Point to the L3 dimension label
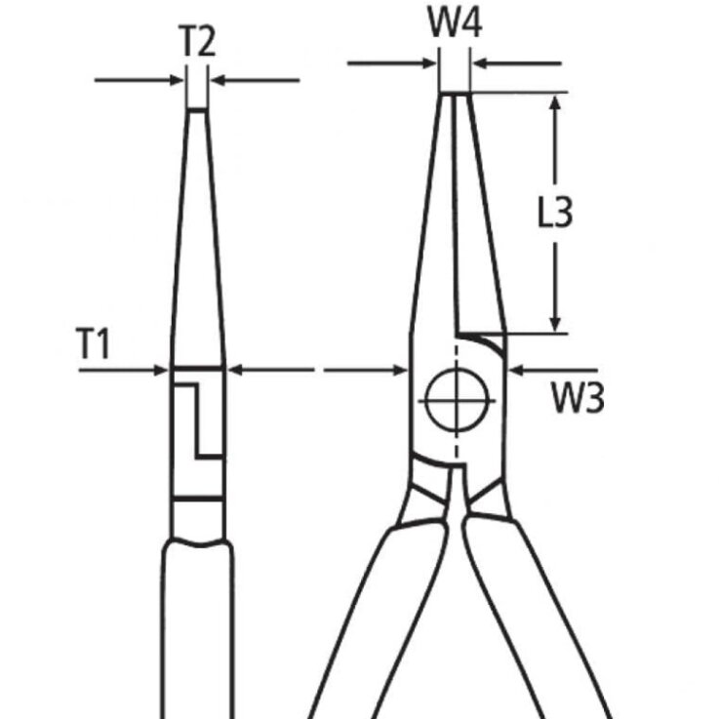[554, 214]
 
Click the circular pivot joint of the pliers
[456, 401]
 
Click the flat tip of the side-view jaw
[197, 110]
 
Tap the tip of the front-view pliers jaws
[454, 94]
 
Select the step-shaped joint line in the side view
[199, 419]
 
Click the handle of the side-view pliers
[199, 624]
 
